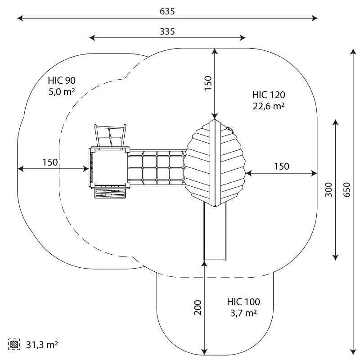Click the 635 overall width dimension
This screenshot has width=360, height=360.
pos(167,11)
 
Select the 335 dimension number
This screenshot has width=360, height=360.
pos(167,31)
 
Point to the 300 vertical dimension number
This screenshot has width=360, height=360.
pos(328,190)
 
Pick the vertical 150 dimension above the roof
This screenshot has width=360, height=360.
pos(208,83)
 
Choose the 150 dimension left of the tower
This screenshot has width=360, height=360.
pos(50,162)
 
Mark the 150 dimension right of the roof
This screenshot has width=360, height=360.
pos(281,166)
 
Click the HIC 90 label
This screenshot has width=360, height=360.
pos(62,81)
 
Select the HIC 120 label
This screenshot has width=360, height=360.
pos(269,95)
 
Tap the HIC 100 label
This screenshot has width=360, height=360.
pos(243,302)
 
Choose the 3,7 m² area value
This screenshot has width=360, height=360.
pos(243,313)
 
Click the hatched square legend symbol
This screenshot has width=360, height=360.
pos(14,345)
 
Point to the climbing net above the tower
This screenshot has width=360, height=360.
pos(110,136)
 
